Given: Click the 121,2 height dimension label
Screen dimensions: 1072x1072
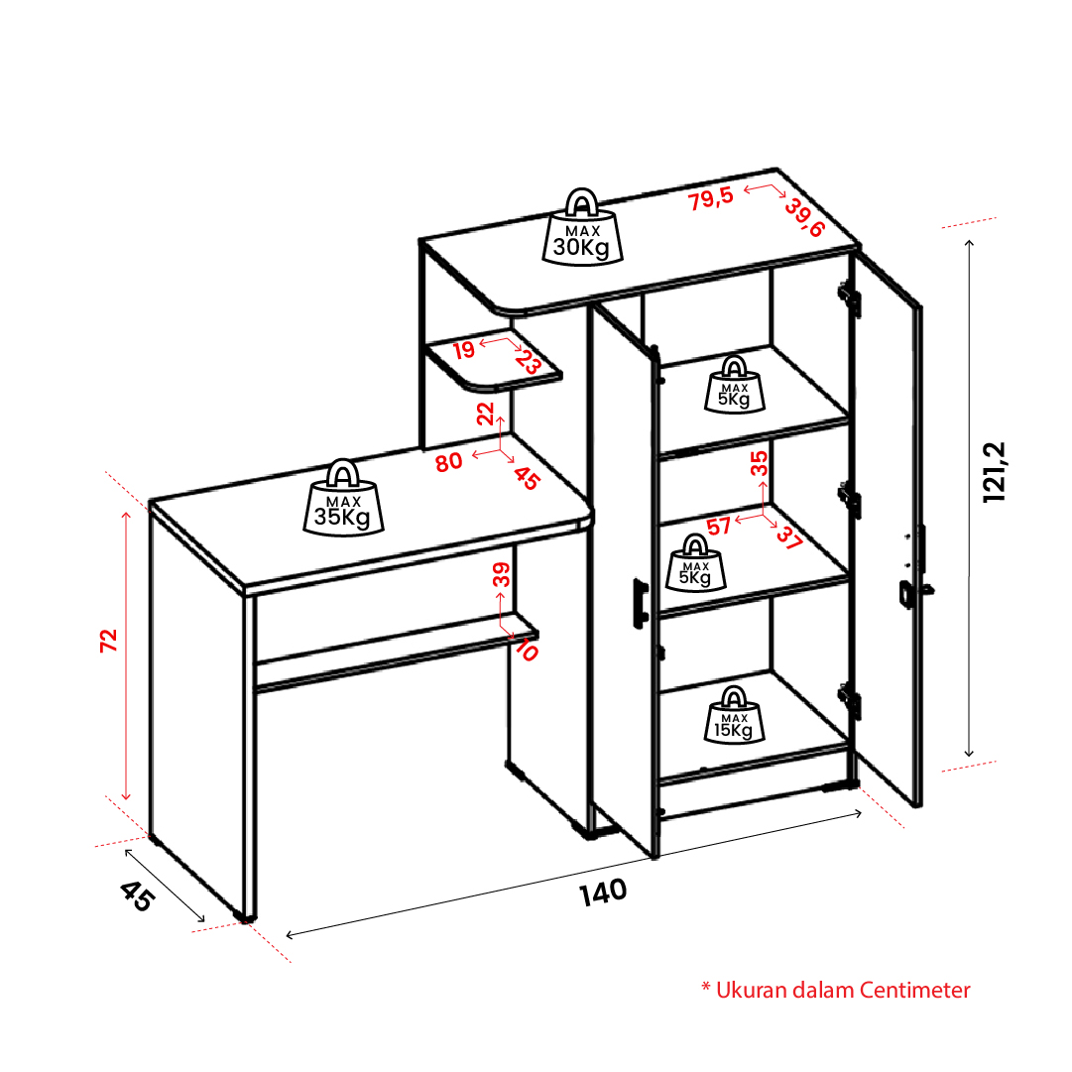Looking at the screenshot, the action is [994, 472].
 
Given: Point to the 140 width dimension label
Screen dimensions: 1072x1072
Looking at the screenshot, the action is [603, 893].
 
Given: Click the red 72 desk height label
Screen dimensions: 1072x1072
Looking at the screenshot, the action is [109, 641].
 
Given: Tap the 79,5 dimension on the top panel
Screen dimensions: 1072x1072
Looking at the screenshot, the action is [711, 199].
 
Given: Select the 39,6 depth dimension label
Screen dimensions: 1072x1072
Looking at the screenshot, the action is [804, 217].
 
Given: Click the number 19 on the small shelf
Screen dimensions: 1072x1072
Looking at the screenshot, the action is [463, 350].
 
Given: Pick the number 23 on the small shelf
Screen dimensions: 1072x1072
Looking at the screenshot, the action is [529, 361].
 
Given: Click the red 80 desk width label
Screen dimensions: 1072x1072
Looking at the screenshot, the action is [449, 463].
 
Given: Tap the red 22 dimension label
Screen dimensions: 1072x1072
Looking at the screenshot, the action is [485, 414].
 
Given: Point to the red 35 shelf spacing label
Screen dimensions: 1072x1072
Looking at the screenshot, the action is [759, 463].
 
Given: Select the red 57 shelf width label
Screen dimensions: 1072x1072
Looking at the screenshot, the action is [719, 527].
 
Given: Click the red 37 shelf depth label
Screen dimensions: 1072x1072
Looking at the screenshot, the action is [789, 538].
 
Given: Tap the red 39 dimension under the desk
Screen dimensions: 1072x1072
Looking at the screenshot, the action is [501, 574].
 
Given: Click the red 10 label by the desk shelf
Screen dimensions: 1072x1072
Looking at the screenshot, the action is [527, 650].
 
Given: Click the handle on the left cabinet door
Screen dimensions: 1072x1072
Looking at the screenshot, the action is [640, 603].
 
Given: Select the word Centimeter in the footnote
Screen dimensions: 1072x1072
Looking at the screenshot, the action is [914, 990].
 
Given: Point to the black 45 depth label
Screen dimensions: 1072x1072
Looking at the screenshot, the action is [137, 896].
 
